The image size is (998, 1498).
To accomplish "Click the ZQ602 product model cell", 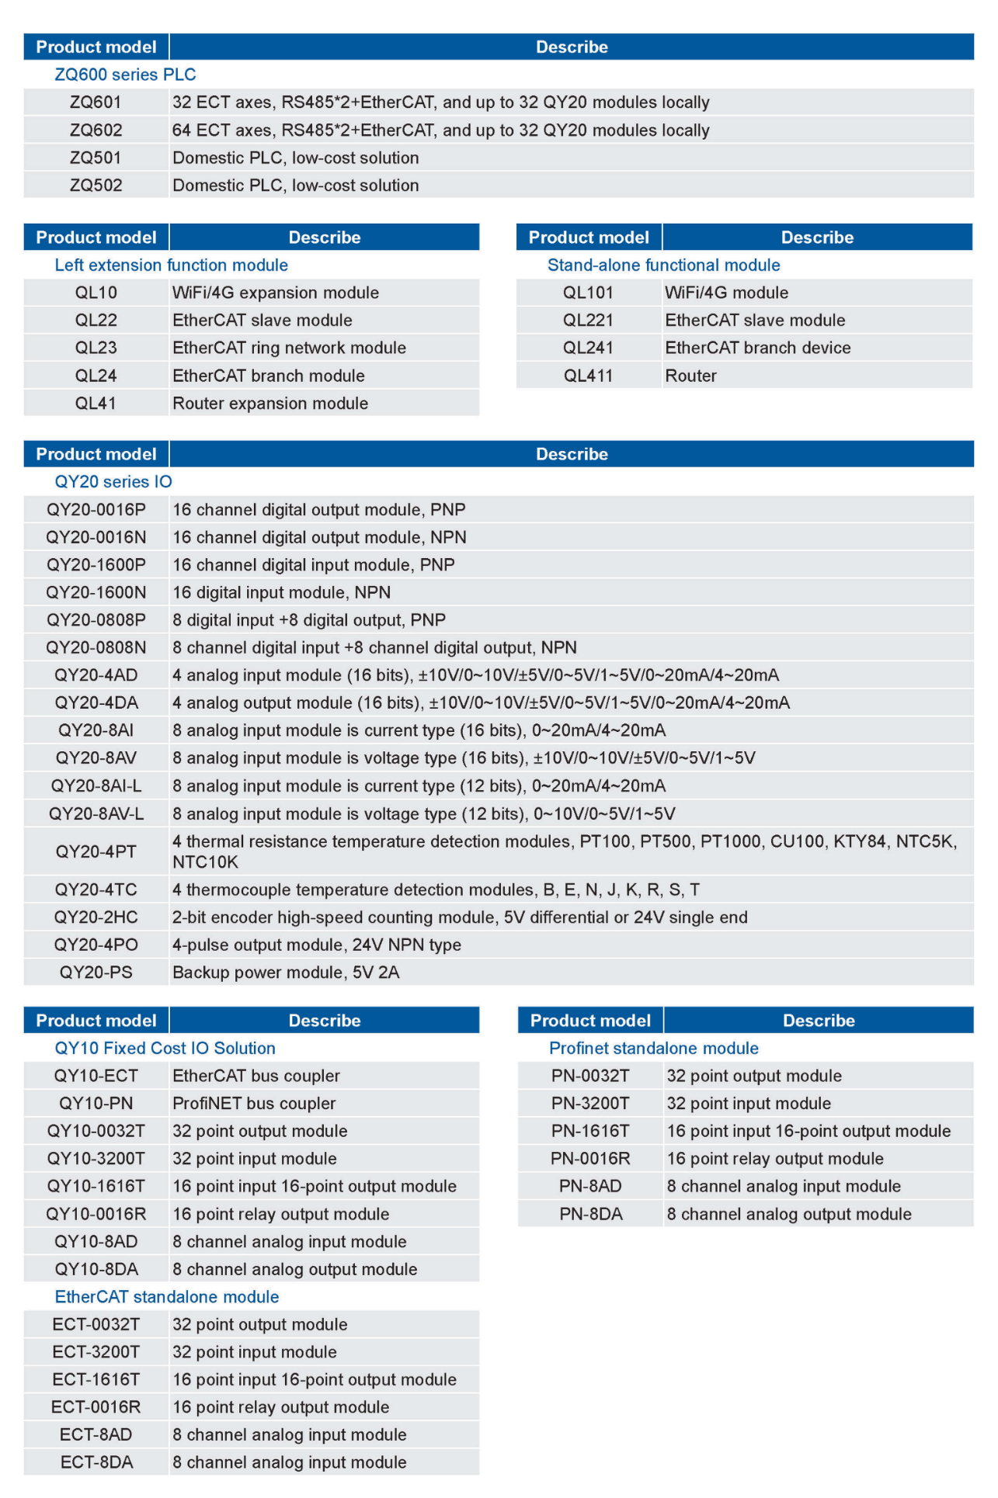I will click(96, 130).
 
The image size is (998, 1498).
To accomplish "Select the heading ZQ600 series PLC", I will click(125, 75).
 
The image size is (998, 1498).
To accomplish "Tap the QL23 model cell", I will click(96, 348).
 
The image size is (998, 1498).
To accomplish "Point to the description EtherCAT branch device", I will click(757, 348).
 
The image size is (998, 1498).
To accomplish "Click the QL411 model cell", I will click(588, 376).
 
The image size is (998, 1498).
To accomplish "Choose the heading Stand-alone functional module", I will click(663, 265).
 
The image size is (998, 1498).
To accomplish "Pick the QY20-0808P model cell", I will click(96, 620).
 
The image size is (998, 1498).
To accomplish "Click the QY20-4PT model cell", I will click(96, 851).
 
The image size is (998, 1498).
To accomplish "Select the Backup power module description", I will click(286, 973).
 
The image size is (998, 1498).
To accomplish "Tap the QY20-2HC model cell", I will click(96, 917).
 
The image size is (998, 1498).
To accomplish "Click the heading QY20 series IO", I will click(113, 482).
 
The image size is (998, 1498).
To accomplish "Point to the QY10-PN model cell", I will click(96, 1104).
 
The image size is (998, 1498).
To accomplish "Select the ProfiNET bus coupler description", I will click(254, 1104).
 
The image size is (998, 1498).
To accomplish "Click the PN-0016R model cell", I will click(590, 1159).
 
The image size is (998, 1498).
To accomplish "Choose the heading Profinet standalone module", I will click(653, 1049).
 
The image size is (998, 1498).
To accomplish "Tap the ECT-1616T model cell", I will click(96, 1379).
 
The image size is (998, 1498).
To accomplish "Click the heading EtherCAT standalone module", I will click(167, 1297).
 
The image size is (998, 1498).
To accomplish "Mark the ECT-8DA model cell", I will click(96, 1462).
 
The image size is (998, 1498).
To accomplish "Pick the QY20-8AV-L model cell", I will click(96, 813).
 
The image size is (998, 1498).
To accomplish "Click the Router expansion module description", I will click(270, 404).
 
